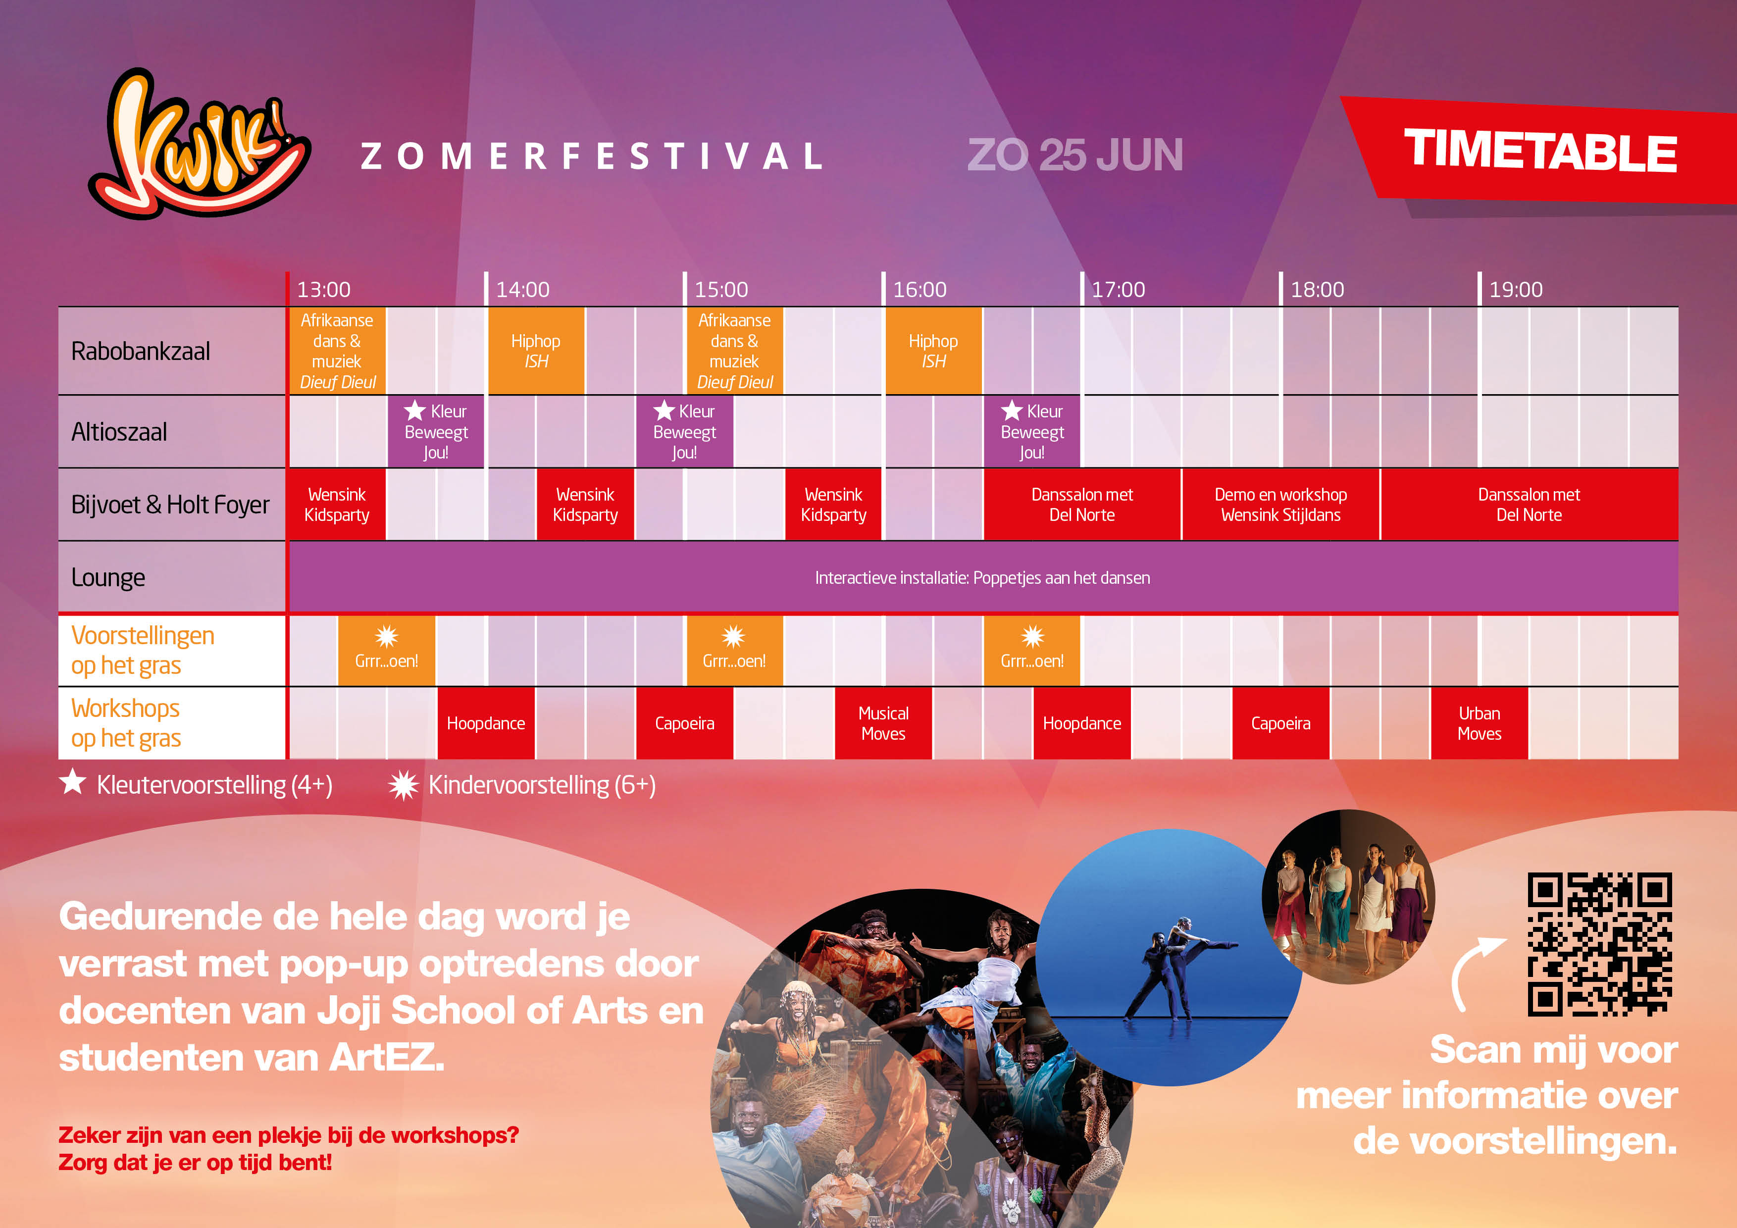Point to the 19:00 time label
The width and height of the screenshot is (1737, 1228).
point(1515,289)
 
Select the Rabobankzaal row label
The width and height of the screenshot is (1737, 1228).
point(141,351)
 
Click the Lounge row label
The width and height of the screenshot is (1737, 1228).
point(107,577)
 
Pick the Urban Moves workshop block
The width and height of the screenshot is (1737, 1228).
point(1479,723)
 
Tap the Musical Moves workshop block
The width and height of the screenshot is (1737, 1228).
point(883,723)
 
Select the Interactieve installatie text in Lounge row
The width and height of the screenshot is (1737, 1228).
point(982,578)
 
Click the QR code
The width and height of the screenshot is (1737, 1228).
point(1599,944)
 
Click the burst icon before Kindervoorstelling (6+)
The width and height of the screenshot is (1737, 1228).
point(403,785)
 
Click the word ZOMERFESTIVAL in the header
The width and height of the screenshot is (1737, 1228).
point(592,156)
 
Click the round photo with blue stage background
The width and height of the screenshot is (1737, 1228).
point(1169,958)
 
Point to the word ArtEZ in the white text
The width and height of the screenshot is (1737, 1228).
point(386,1057)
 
